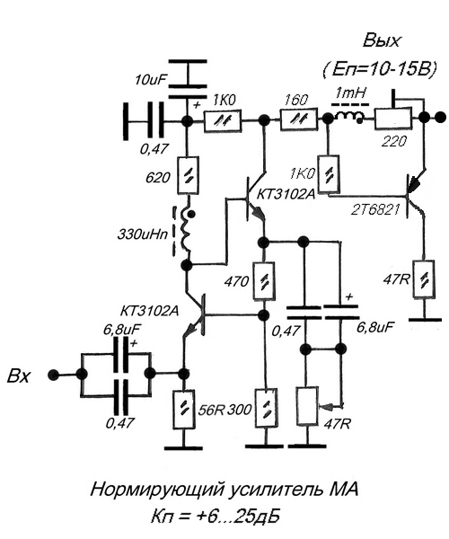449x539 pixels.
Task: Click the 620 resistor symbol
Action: click(x=188, y=175)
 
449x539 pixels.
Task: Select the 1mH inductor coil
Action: click(x=348, y=117)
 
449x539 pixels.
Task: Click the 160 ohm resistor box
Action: click(x=298, y=119)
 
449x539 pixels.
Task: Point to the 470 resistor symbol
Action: click(x=264, y=281)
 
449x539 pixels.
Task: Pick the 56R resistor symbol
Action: click(x=184, y=409)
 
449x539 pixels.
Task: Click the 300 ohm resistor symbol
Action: click(x=266, y=409)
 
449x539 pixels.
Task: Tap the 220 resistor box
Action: click(x=392, y=119)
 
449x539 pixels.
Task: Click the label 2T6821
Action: click(x=375, y=209)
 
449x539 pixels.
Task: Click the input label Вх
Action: click(x=18, y=376)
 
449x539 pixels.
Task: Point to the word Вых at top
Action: click(x=382, y=40)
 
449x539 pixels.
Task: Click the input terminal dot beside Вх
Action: click(x=53, y=375)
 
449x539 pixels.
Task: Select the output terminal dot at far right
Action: click(x=440, y=118)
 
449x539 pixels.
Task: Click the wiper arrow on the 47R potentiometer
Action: click(x=330, y=407)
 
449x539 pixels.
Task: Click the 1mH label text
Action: click(x=350, y=93)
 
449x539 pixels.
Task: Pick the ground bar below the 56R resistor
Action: click(x=183, y=447)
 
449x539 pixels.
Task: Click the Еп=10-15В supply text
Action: click(x=380, y=69)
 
